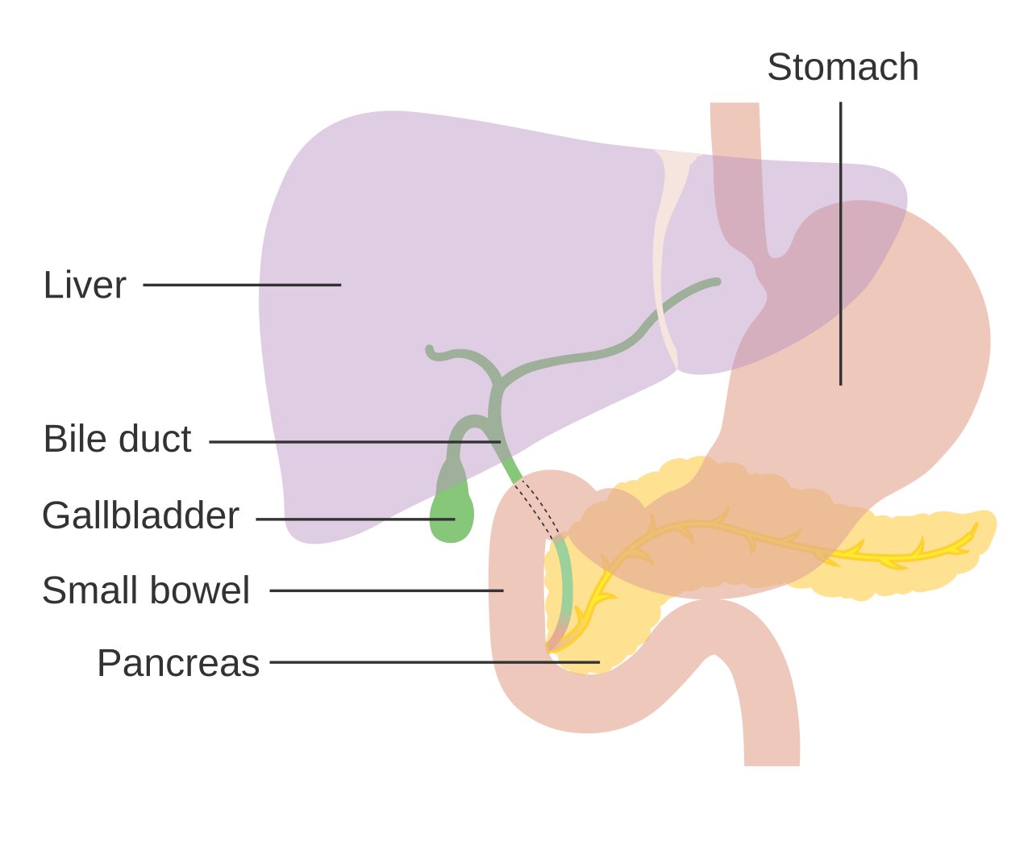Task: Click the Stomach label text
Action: [x=843, y=67]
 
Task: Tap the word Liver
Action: [x=85, y=285]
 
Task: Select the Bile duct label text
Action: [x=117, y=439]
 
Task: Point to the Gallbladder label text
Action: [x=141, y=515]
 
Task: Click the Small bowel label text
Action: [x=146, y=590]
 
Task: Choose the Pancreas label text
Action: [x=178, y=662]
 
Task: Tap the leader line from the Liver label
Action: [x=242, y=285]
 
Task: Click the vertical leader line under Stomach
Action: [x=841, y=244]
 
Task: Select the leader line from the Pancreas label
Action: [x=435, y=662]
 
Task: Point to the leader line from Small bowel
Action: [x=386, y=590]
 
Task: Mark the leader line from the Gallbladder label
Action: [x=356, y=519]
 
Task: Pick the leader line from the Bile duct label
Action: [x=355, y=441]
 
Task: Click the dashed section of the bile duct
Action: [x=537, y=509]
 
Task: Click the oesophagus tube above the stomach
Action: [x=736, y=173]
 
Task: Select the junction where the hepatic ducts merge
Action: [x=499, y=382]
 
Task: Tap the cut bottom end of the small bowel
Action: [x=772, y=765]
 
